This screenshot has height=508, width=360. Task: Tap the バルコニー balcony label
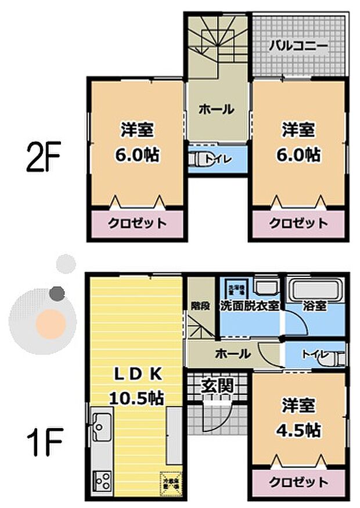tap(298, 46)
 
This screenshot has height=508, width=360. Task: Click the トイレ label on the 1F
tap(314, 354)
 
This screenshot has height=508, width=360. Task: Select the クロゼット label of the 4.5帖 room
tap(298, 481)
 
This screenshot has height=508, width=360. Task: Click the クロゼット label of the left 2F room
tap(136, 223)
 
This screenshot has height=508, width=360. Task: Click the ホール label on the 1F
tap(232, 353)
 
